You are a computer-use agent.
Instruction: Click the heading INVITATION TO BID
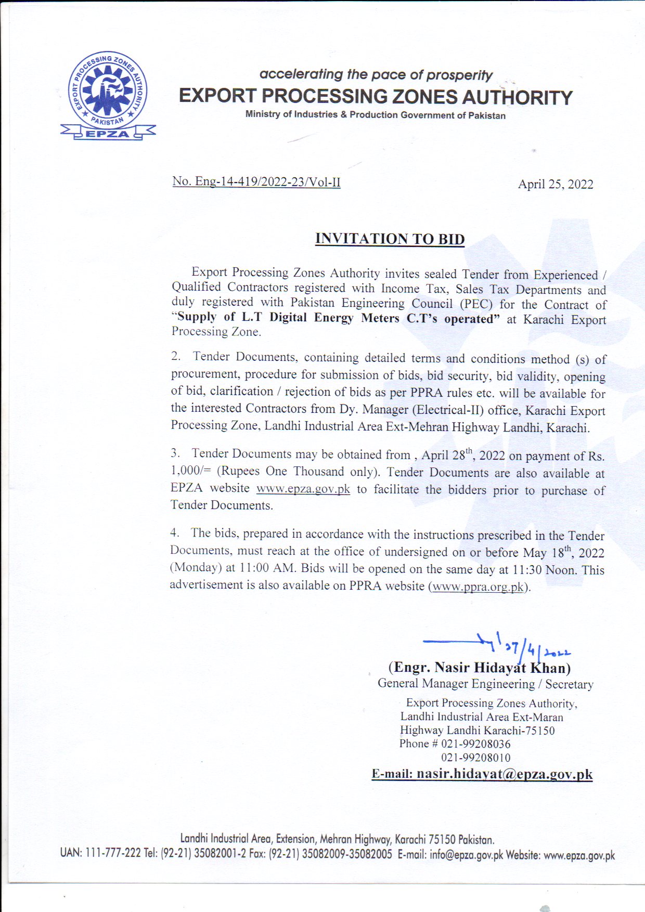pyautogui.click(x=390, y=239)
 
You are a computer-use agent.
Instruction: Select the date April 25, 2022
pyautogui.click(x=555, y=185)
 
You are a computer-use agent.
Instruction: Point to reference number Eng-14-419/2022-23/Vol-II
pyautogui.click(x=256, y=181)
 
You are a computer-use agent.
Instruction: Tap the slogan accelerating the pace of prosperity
pyautogui.click(x=376, y=75)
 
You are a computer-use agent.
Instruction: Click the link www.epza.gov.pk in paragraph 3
pyautogui.click(x=303, y=489)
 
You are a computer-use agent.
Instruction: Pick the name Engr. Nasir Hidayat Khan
pyautogui.click(x=479, y=668)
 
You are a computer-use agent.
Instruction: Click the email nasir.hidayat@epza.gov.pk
pyautogui.click(x=504, y=774)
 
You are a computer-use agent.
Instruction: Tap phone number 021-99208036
pyautogui.click(x=475, y=744)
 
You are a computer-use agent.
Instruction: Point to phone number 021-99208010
pyautogui.click(x=475, y=758)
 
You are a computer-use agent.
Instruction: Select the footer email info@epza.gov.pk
pyautogui.click(x=466, y=855)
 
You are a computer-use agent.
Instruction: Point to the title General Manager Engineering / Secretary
pyautogui.click(x=485, y=684)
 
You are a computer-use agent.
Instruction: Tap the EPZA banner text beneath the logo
pyautogui.click(x=108, y=134)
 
